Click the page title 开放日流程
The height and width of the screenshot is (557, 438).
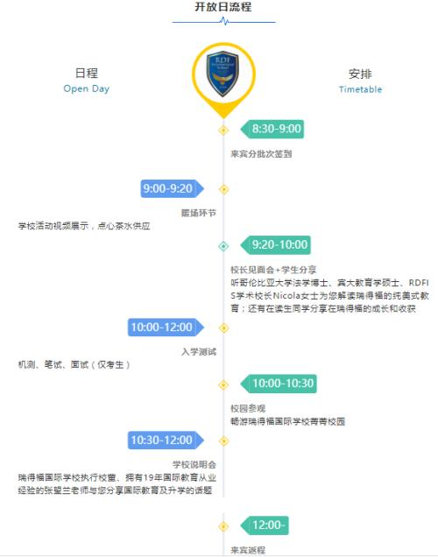coord(223,7)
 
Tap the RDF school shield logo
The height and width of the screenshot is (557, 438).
coord(223,74)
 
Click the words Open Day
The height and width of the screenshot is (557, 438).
coord(87,88)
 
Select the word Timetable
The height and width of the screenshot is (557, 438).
coord(360,89)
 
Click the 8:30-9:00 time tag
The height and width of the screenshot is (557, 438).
coord(272,129)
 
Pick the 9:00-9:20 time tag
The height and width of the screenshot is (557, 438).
coord(173,188)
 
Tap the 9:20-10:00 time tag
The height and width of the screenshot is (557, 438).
coord(276,244)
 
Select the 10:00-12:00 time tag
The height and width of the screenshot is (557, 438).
coord(166,328)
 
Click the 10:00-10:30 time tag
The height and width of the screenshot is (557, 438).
coord(279,384)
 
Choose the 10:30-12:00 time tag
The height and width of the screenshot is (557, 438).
coord(166,441)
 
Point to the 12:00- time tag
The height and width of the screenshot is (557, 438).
coord(265,525)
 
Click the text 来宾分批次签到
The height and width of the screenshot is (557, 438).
coord(261,154)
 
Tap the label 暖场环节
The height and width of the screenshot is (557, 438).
coord(199,213)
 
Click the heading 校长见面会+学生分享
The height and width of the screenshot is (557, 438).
coord(273,270)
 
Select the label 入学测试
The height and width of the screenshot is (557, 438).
coord(199,352)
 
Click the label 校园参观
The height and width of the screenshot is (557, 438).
coord(248,408)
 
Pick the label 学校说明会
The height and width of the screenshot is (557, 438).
coord(194,464)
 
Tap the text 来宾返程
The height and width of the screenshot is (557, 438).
coord(248,550)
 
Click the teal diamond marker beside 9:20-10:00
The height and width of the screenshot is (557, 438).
coord(223,246)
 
